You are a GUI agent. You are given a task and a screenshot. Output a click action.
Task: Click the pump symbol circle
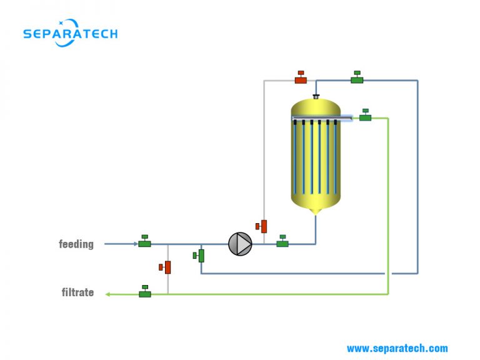coord(240,244)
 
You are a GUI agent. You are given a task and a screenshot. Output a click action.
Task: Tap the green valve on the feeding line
coord(144,242)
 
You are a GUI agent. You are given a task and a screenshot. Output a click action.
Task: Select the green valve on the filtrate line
coord(145,292)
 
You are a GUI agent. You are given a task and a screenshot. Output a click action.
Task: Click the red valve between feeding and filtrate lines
coord(166,267)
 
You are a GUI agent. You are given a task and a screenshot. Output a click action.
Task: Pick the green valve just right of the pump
coord(282,242)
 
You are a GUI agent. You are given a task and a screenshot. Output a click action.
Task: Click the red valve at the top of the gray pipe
coord(301,78)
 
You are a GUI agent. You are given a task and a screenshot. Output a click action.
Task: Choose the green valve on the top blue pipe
coord(357,78)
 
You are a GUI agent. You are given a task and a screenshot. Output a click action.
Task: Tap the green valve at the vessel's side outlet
coord(365,116)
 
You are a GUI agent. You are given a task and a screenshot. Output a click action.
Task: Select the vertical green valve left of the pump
coord(200,255)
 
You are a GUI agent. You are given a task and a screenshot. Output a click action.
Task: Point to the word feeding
coord(76,244)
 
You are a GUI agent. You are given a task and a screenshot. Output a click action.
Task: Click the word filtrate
coord(77,292)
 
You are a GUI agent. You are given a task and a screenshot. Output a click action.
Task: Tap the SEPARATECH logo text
coord(70,34)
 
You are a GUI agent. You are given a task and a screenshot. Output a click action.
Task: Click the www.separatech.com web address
coord(397,348)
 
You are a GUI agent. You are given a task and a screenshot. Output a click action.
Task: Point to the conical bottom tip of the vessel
coord(316,212)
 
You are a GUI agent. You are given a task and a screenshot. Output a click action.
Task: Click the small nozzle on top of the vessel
coord(316,96)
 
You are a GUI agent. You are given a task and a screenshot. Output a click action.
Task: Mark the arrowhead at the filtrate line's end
coord(107,294)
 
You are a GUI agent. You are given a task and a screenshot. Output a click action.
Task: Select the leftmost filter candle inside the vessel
coord(296,156)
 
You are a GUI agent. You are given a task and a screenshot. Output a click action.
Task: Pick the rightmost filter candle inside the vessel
coord(335,156)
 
